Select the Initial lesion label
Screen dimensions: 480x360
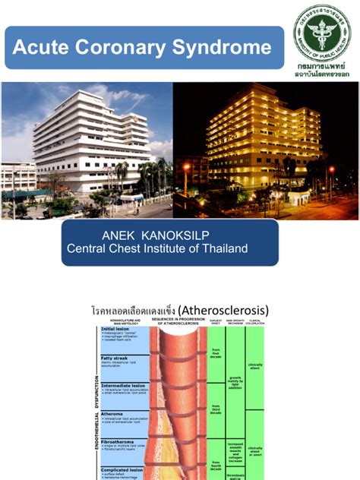point(121,330)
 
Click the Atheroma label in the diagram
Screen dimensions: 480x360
point(115,413)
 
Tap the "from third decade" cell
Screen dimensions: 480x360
point(216,409)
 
